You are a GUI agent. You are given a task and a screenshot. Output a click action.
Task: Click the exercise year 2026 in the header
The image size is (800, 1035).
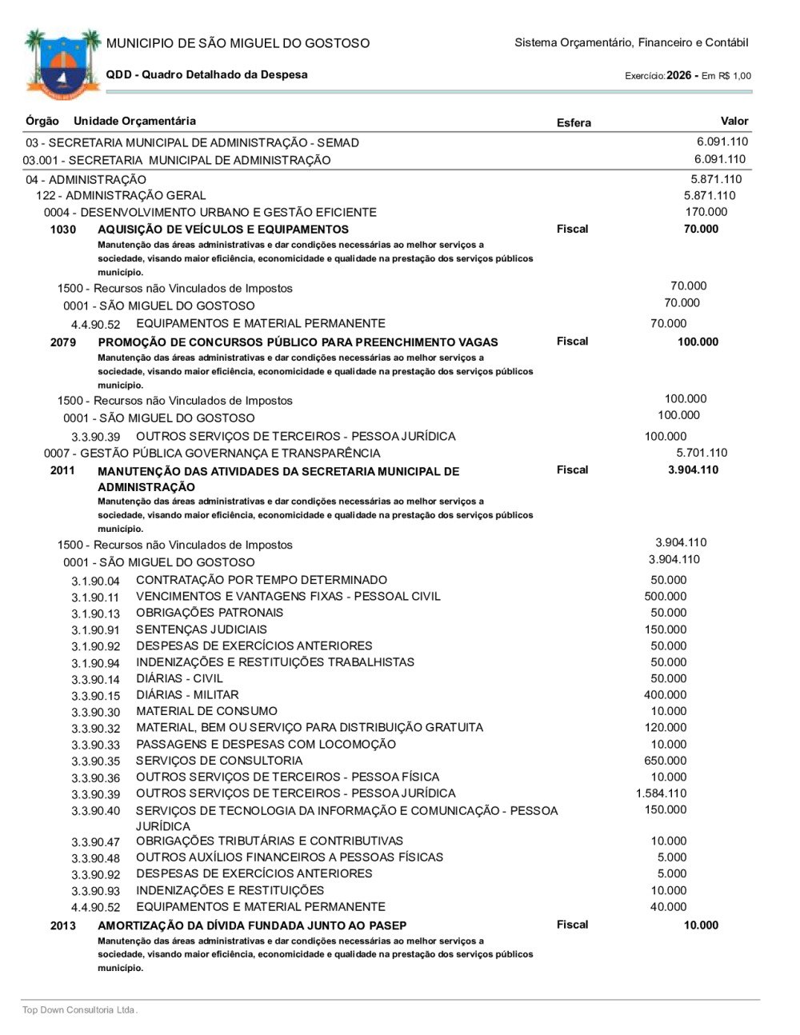[678, 75]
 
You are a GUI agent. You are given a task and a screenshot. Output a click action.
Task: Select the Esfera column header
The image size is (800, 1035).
[574, 123]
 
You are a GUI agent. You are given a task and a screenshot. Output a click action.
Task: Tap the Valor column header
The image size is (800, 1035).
[734, 122]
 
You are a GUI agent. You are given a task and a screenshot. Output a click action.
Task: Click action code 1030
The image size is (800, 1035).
[63, 230]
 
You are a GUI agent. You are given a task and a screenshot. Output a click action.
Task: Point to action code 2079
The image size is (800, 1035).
[63, 343]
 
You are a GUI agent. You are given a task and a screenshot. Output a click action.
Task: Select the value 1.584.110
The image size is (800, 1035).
[661, 793]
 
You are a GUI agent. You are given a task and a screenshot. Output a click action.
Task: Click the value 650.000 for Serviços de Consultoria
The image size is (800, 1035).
[665, 761]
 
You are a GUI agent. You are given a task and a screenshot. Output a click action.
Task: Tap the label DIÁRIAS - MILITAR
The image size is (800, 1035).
[187, 695]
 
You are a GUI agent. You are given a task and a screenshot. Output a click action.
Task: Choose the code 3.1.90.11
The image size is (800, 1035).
[95, 597]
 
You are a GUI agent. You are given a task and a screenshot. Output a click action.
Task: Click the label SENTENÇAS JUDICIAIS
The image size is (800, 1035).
[202, 629]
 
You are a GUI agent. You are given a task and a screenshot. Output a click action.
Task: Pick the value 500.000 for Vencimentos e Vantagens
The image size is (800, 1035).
[665, 597]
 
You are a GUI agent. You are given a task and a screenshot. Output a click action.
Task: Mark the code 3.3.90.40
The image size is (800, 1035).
[95, 812]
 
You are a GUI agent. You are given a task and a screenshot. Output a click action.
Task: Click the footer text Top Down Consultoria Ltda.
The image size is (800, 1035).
[80, 1010]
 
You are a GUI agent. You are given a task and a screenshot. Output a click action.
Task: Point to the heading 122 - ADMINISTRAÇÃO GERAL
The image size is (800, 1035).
[121, 196]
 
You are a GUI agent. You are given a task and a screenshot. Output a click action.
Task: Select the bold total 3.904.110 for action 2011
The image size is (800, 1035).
[693, 470]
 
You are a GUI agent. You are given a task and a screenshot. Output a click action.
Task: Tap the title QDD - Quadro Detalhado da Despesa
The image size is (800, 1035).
[206, 75]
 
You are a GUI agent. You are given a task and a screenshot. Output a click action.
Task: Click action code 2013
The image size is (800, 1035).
[63, 926]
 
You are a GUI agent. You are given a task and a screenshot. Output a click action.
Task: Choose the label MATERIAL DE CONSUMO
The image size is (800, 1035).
[206, 711]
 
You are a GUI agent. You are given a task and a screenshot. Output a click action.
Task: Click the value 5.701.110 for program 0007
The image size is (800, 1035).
[702, 454]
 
